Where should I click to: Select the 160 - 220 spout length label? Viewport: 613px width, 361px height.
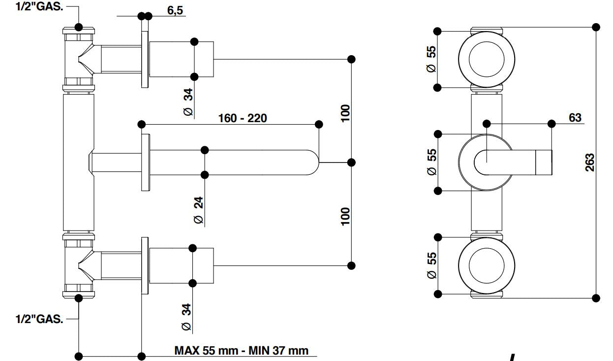(x=243, y=118)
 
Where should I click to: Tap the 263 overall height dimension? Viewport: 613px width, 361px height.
(x=590, y=162)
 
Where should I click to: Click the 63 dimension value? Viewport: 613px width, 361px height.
(x=575, y=118)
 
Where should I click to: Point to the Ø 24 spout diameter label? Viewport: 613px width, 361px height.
(x=198, y=210)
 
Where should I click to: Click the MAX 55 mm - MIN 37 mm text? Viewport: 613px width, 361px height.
(x=242, y=351)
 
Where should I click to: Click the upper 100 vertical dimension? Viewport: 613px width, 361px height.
(x=345, y=113)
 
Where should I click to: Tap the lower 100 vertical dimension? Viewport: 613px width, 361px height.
(x=345, y=216)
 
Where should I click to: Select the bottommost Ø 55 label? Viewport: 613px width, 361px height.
(x=431, y=266)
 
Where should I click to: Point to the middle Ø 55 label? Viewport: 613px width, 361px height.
(x=431, y=163)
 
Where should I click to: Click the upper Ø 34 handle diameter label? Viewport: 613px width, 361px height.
(x=187, y=101)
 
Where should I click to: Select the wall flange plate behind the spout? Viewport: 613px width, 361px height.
(x=145, y=162)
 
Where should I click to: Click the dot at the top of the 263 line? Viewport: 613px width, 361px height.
(x=596, y=27)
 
